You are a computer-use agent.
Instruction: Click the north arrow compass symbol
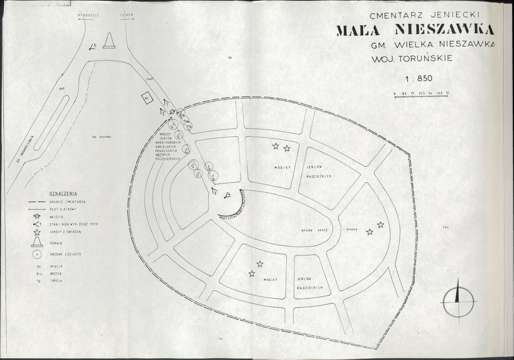tap(459, 299)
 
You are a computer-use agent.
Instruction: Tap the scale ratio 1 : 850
tap(419, 78)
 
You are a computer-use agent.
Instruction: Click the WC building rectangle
tap(147, 98)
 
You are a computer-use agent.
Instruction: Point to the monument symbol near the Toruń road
tap(111, 42)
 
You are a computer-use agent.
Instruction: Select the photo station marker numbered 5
tap(93, 47)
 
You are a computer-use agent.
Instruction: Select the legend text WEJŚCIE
tap(57, 216)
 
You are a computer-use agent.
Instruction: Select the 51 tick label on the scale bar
tap(447, 93)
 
